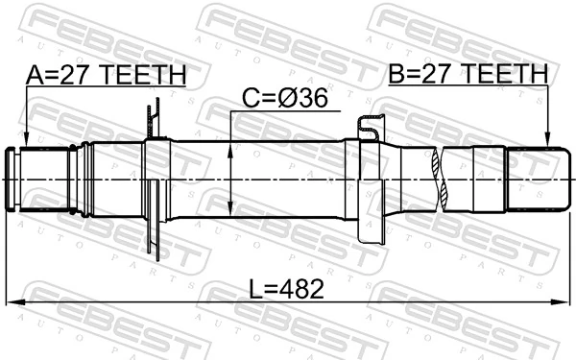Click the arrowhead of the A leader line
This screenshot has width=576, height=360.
[26, 143]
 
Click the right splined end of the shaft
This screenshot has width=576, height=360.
[534, 180]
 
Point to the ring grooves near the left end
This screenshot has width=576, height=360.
[87, 180]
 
